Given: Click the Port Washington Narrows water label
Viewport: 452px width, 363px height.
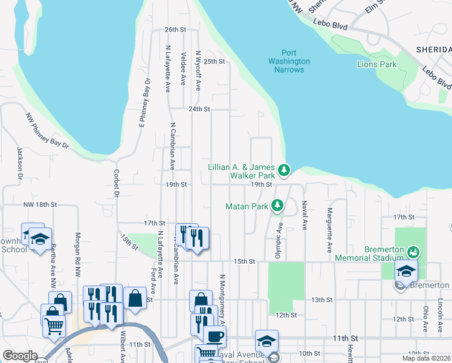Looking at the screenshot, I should [289, 62].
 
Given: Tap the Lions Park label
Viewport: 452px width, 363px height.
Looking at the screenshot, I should [376, 64].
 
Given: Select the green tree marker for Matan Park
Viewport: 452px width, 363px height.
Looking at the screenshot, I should [277, 206].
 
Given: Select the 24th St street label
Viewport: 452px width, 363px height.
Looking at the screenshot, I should [199, 110].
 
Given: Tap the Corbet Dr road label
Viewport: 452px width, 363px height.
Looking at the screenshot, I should [115, 182].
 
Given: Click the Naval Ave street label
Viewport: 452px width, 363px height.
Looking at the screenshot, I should [305, 215].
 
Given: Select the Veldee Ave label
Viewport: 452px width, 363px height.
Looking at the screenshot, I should [182, 64].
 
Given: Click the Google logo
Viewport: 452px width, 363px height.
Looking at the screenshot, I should [20, 356].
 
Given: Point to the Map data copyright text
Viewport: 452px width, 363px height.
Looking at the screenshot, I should [427, 358].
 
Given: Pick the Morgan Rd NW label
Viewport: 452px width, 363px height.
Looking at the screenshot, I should [77, 255].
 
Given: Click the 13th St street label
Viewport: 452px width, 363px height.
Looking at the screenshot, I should [321, 299].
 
